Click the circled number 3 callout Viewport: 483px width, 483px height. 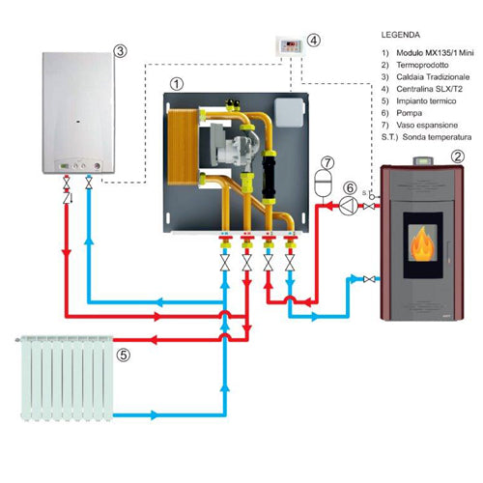pyautogui.click(x=119, y=50)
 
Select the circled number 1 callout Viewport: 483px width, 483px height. pyautogui.click(x=175, y=84)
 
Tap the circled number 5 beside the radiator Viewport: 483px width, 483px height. pyautogui.click(x=123, y=355)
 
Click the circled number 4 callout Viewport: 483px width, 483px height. pyautogui.click(x=312, y=42)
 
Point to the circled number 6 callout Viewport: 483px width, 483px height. pyautogui.click(x=349, y=188)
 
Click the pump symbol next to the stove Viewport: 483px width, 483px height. pyautogui.click(x=345, y=205)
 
